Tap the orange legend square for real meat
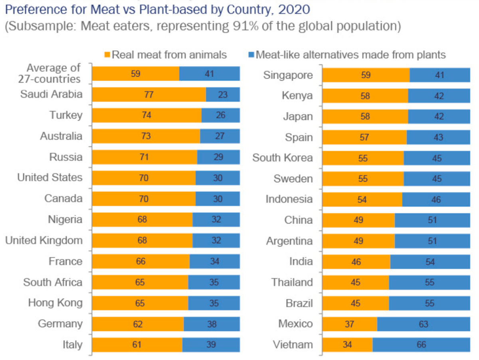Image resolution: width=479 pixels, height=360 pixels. coord(107,54)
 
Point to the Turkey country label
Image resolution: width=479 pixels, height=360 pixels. coord(66,115)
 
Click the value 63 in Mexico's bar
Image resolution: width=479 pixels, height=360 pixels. coord(423,324)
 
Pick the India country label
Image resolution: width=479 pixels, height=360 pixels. coord(301,261)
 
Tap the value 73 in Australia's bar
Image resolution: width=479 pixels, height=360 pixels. coord(146,136)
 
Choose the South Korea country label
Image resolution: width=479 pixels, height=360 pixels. coord(282,158)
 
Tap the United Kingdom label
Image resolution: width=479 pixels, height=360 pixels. coord(44,240)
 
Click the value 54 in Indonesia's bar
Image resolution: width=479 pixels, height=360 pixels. coord(362,199)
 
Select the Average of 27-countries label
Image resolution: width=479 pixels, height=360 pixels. coord(49,73)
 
